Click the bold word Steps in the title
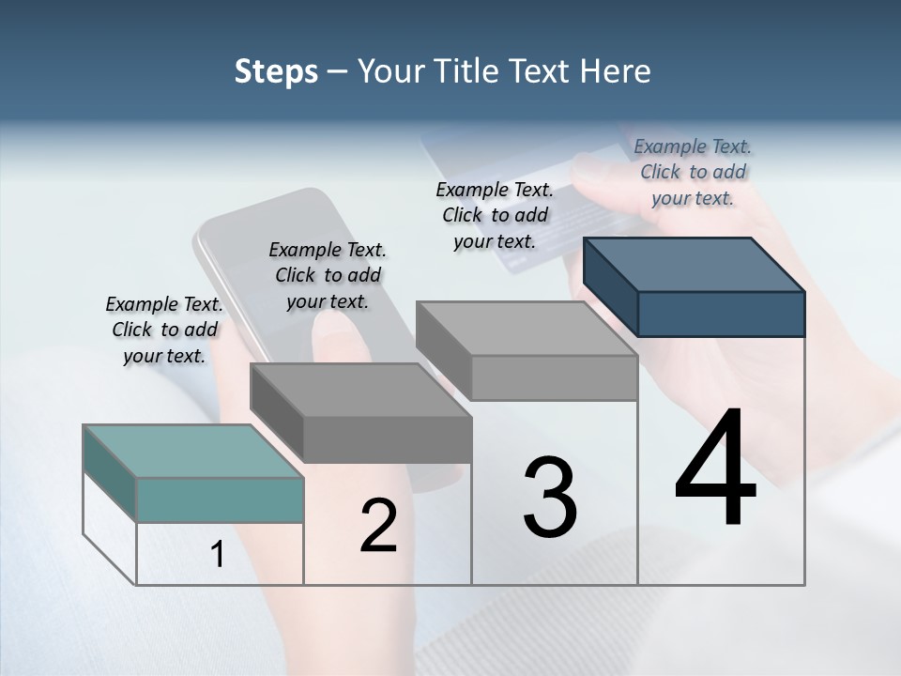(276, 71)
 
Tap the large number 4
(715, 469)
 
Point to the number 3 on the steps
(550, 498)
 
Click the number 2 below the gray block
(378, 526)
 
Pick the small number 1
(218, 555)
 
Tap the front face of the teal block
(220, 499)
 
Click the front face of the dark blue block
(721, 314)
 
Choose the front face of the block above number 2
(387, 439)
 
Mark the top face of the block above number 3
(526, 329)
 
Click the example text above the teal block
(164, 330)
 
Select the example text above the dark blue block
(693, 172)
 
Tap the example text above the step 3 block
(495, 215)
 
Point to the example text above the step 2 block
(328, 275)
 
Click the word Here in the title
(616, 71)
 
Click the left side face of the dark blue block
(610, 286)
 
